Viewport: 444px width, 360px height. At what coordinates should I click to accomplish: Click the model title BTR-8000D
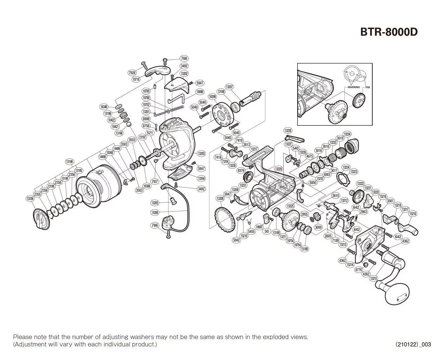389,32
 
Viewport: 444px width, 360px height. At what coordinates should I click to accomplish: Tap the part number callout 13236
30,198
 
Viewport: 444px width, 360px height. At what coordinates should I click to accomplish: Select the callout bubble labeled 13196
69,162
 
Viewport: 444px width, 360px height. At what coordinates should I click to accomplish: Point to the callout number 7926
132,73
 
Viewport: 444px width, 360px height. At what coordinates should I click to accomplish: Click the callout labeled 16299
212,97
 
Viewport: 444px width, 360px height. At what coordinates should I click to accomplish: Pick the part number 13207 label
229,87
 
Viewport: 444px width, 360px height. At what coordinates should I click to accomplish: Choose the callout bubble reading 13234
347,134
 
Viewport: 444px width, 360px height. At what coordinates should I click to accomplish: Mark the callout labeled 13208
220,199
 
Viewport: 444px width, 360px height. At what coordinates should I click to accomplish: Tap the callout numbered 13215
374,279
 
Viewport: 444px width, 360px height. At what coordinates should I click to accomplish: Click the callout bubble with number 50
267,231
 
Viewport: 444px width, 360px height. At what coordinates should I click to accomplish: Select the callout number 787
154,182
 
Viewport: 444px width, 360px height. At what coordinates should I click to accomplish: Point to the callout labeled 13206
154,213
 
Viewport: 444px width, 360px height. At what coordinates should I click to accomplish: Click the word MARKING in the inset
354,87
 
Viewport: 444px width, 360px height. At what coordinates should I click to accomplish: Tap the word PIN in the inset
368,87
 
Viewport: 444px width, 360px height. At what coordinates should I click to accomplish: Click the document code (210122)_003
413,344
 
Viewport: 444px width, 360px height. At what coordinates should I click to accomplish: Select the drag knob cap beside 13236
42,219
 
